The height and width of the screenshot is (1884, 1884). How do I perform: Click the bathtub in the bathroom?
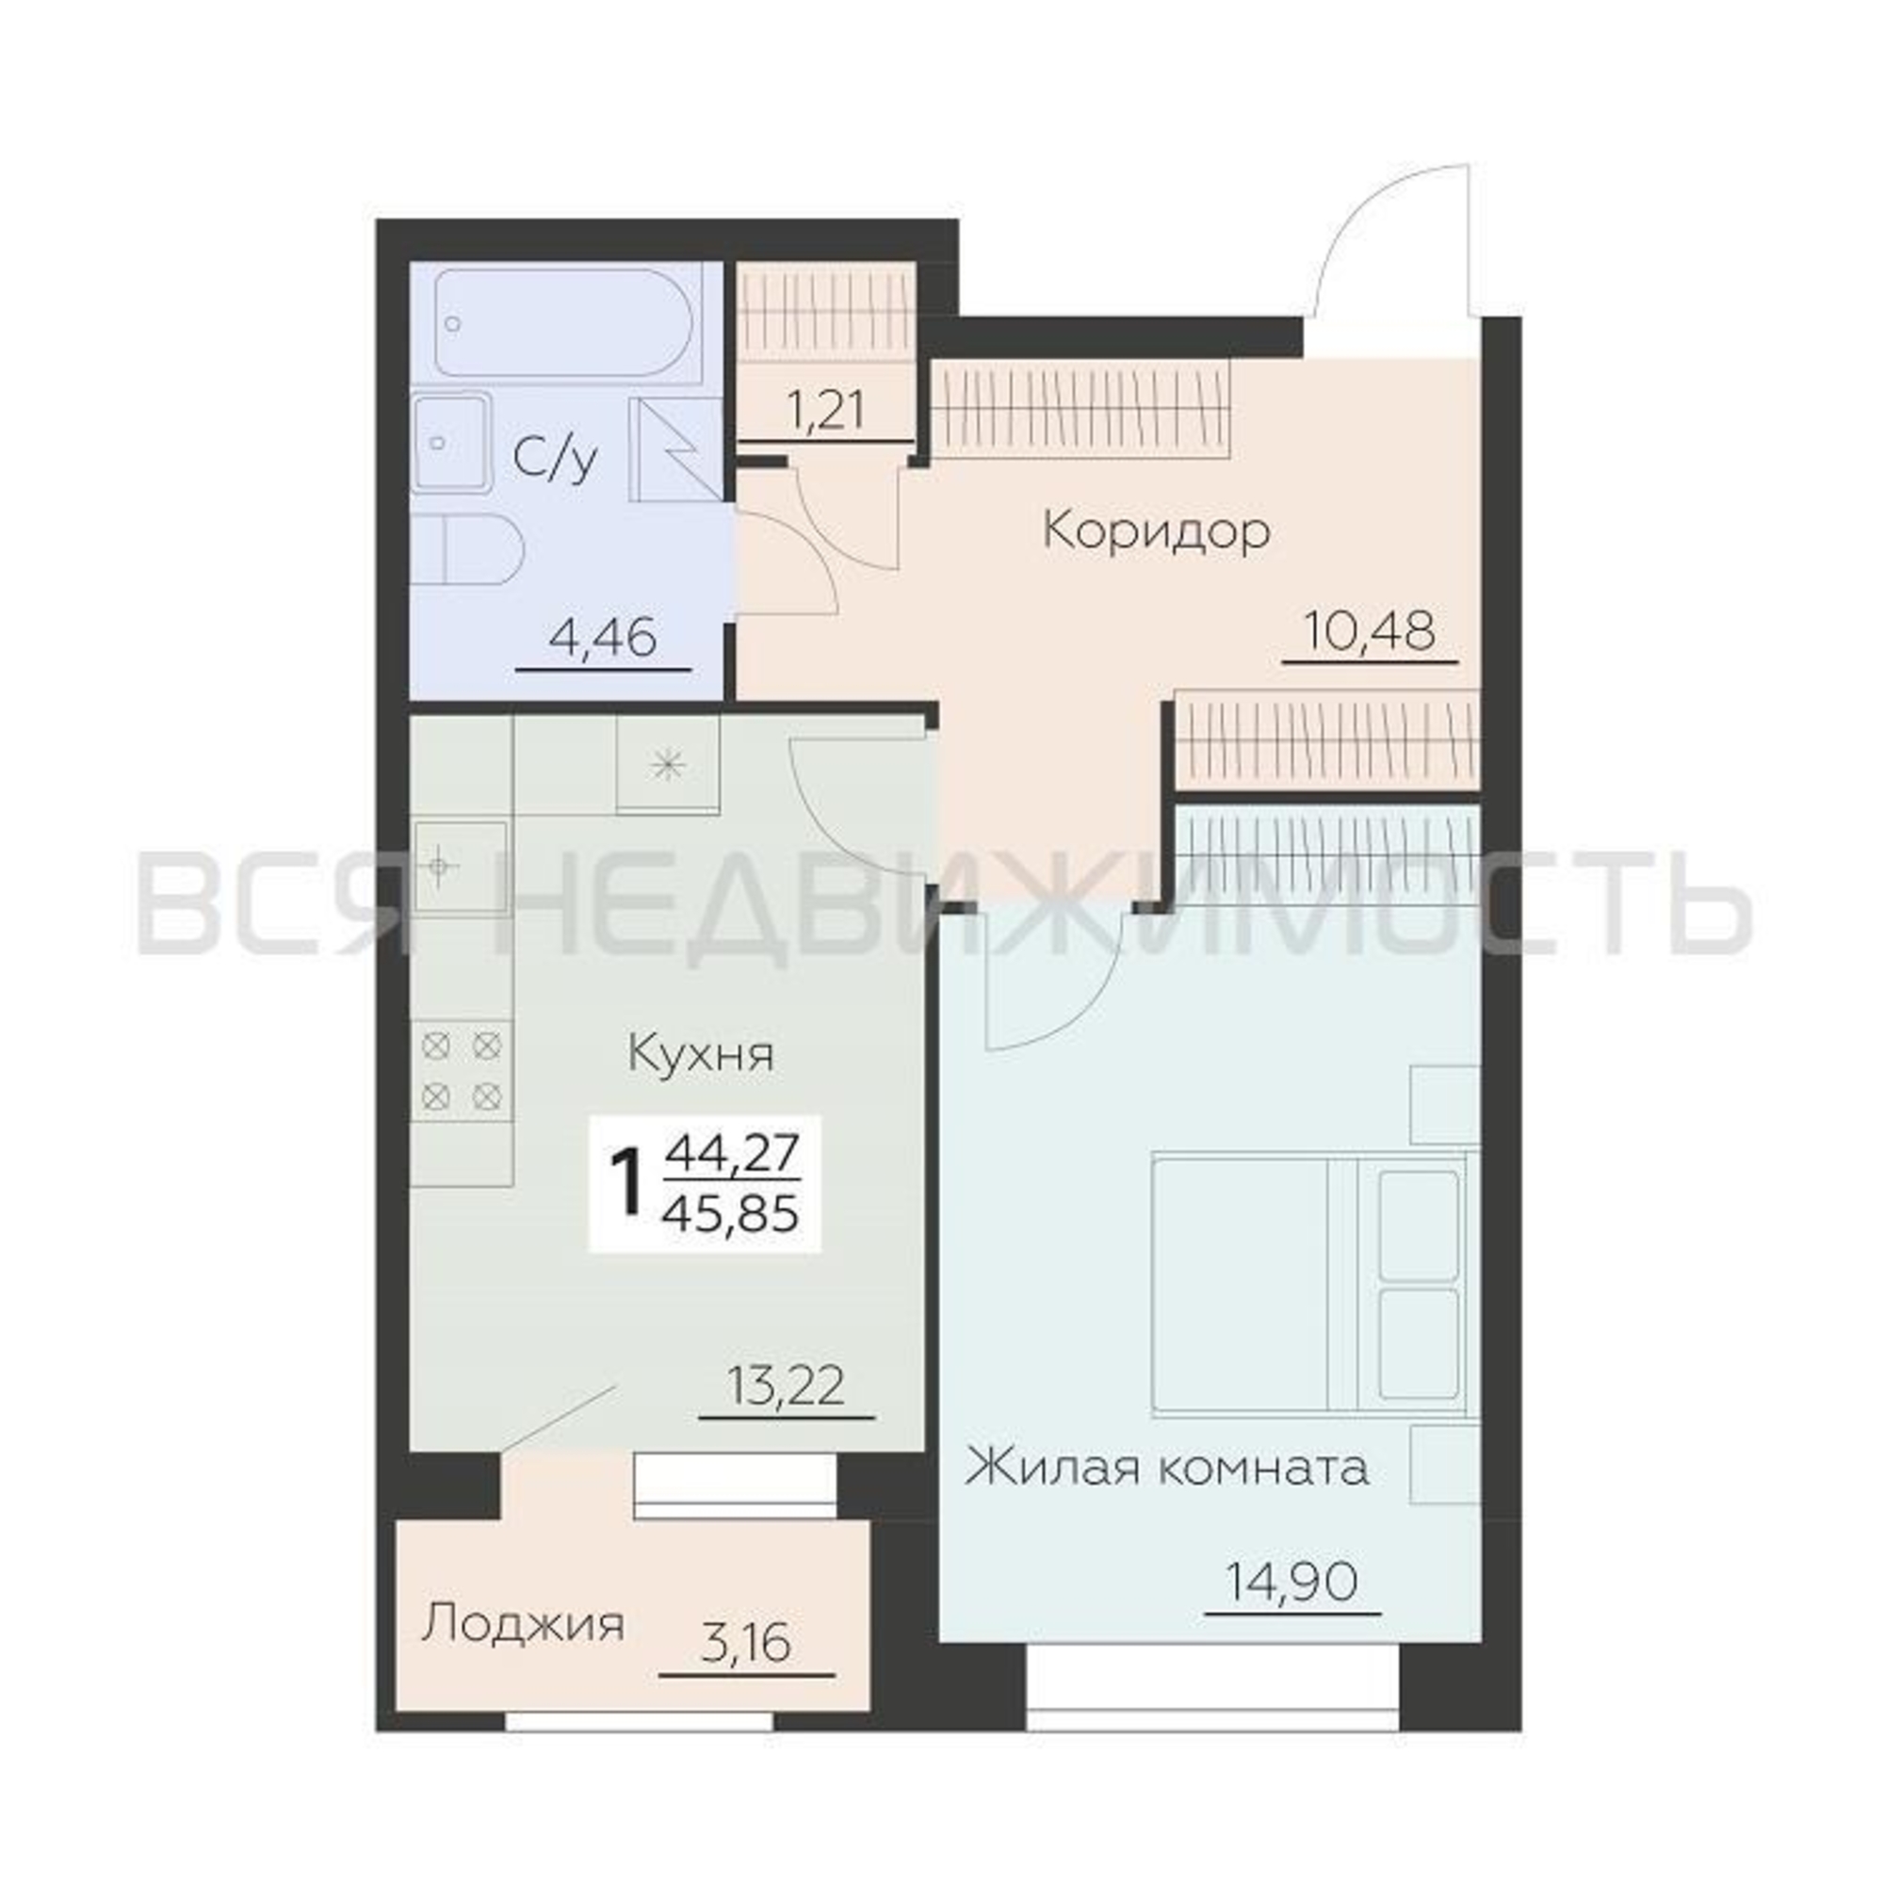click(x=564, y=322)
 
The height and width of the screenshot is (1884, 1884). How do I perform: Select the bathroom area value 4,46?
click(x=603, y=639)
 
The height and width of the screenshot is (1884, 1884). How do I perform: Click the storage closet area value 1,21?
click(x=825, y=411)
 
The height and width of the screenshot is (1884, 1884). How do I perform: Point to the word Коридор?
click(x=1157, y=532)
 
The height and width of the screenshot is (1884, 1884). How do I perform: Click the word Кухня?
click(x=700, y=1055)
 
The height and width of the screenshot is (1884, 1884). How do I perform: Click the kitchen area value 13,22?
click(x=786, y=1386)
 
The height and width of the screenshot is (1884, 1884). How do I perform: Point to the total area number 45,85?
click(x=730, y=1214)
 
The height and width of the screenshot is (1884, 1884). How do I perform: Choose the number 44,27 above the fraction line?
click(x=731, y=1155)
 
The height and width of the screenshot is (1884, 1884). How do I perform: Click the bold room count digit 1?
click(x=628, y=1183)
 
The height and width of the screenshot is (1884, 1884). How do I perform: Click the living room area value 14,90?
click(x=1292, y=1583)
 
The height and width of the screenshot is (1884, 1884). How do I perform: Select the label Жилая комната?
click(x=1167, y=1494)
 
